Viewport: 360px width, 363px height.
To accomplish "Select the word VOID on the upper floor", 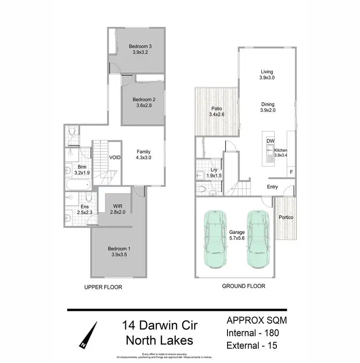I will [x=115, y=157].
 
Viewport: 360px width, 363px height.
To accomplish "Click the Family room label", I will [x=144, y=151].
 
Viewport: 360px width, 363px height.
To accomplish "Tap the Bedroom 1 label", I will [x=119, y=249].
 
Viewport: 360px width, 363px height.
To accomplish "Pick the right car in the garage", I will [x=257, y=239].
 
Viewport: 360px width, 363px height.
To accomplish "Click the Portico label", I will [x=287, y=218].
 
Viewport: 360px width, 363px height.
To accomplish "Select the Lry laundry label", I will [x=214, y=170].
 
